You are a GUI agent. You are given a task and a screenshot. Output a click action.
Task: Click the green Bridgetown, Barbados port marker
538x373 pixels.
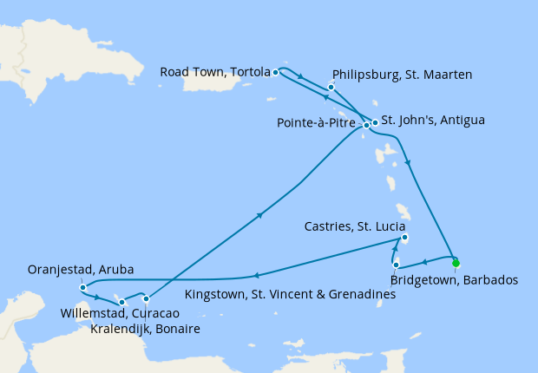455,263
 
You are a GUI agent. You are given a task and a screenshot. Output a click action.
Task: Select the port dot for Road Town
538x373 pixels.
275,72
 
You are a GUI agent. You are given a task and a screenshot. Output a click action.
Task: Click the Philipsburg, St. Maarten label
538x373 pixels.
402,75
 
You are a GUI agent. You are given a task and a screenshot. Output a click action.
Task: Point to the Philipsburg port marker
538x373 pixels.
331,87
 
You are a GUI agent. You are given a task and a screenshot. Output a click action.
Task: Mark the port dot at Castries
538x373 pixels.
404,239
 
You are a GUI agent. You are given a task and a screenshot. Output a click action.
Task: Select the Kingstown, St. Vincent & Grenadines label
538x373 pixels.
291,295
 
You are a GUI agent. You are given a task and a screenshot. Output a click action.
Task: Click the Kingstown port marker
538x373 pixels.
396,265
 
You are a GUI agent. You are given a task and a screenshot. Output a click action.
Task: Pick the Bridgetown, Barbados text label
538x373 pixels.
455,280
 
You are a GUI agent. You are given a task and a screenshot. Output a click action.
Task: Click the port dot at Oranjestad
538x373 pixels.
82,287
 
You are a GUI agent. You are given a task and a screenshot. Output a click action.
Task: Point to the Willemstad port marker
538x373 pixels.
122,302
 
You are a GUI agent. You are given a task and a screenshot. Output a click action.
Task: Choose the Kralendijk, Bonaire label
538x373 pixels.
146,329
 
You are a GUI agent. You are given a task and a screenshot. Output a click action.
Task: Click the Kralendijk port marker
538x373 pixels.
146,299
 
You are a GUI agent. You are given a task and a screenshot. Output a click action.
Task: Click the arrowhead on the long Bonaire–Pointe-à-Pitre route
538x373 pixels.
259,218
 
